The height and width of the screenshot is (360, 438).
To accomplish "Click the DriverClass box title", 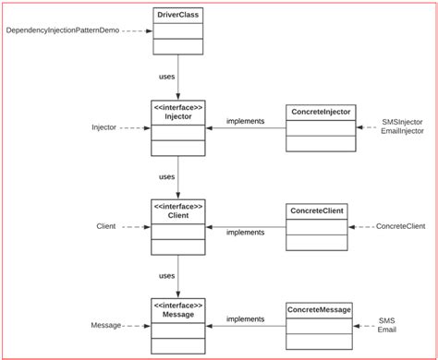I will coord(177,16).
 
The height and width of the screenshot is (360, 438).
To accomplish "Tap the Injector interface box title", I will coord(177,112).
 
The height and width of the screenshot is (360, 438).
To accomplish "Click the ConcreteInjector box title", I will coord(321,112).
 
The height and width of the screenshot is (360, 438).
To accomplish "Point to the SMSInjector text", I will coord(402,121).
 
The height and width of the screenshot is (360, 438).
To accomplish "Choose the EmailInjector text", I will coord(402,132).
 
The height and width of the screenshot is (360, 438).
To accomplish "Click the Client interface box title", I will coord(177,211).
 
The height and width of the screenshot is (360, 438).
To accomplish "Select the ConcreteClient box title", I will coord(316,211).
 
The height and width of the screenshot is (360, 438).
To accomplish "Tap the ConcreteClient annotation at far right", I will coord(400,226).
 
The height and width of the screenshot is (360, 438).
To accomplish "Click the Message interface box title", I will coord(177,310).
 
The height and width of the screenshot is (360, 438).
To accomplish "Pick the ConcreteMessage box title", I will coord(320,310).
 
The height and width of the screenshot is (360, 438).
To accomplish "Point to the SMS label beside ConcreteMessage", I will coord(386,320).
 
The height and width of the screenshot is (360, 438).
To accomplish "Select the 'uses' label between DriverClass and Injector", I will coord(166,78).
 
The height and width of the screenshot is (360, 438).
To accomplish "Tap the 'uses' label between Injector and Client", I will coord(166,175).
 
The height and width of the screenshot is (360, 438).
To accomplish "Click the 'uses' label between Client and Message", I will coord(166,275).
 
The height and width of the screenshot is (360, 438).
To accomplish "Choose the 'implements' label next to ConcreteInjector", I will coord(245,121).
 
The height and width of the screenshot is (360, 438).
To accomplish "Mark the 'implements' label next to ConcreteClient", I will coord(245,233).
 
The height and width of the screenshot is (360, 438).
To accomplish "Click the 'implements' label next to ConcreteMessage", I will coord(245,318).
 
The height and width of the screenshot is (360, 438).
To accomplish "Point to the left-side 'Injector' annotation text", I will coord(103,127).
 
